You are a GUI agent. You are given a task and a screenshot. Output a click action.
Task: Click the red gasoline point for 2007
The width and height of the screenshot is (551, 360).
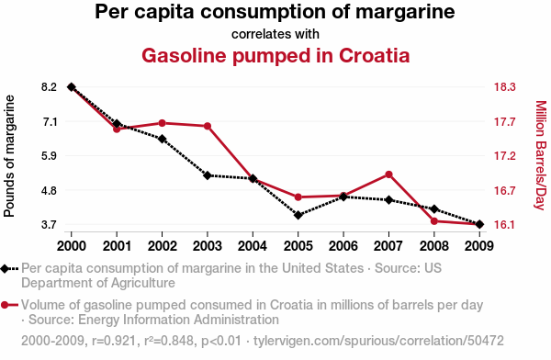(388, 174)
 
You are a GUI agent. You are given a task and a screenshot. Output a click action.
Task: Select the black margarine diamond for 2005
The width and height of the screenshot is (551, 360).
(298, 215)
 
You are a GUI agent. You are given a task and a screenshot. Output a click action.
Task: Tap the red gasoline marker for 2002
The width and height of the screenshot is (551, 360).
(162, 123)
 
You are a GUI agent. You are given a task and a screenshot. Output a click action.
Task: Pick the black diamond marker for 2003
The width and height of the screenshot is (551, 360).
(208, 175)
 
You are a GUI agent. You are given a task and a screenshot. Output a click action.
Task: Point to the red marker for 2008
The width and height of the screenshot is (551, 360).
(434, 221)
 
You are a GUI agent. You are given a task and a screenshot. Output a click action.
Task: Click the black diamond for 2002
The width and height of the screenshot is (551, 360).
(162, 139)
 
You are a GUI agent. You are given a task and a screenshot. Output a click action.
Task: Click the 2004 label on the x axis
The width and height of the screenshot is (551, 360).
(253, 246)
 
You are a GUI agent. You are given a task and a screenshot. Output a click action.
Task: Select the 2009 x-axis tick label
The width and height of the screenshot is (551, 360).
(479, 246)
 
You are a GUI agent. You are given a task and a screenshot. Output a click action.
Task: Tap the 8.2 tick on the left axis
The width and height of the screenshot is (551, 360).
(50, 87)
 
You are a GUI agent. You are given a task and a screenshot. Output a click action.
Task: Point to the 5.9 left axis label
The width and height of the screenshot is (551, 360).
(50, 155)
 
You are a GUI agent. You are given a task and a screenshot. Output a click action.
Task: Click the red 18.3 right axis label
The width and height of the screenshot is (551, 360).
(504, 87)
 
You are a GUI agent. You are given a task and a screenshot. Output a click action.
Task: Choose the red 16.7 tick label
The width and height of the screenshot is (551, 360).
(504, 190)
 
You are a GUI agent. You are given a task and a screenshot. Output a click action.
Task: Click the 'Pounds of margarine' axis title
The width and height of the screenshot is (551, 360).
(9, 156)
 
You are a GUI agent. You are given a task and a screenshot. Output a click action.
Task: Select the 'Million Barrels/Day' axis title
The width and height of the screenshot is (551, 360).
(541, 155)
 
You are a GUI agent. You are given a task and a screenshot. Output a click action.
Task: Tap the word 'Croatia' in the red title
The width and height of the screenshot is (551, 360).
(375, 55)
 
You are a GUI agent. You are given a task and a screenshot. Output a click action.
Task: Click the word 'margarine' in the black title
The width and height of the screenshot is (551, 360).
(405, 12)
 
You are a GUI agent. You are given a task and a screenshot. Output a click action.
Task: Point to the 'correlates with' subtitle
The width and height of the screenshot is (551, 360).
(275, 34)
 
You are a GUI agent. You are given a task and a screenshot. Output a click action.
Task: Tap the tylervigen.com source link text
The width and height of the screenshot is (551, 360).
(378, 341)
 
